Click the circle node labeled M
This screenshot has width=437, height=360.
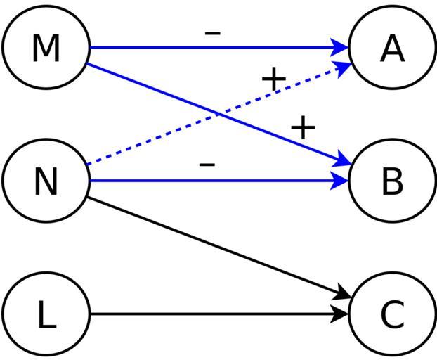click(x=46, y=47)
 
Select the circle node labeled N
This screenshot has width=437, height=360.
click(x=46, y=181)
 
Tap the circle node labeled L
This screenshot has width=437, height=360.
click(x=46, y=314)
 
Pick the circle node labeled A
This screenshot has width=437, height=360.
click(x=392, y=47)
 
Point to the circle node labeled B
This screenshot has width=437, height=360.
click(x=392, y=181)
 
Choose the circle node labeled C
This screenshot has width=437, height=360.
click(x=392, y=314)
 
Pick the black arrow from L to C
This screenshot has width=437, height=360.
click(x=211, y=314)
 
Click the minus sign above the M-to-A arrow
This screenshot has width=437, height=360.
click(x=213, y=32)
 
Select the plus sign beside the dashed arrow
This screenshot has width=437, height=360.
click(x=273, y=79)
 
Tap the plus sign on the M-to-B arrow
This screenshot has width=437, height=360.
click(x=303, y=127)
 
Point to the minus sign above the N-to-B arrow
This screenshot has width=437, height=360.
click(x=207, y=165)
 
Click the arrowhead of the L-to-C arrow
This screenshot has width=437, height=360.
click(x=341, y=314)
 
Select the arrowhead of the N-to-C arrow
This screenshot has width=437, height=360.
click(x=342, y=295)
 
